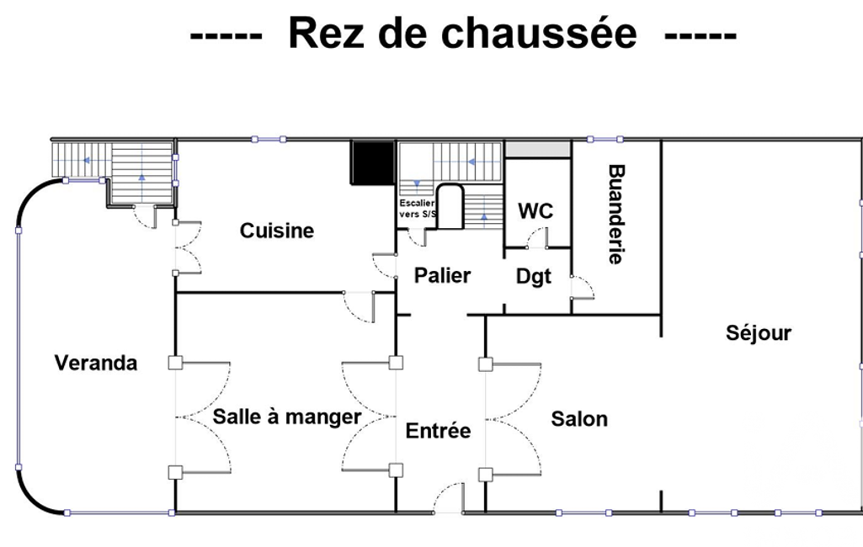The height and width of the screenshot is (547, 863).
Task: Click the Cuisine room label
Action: (x=277, y=230)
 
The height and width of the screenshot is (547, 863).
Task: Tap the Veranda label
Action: (x=96, y=363)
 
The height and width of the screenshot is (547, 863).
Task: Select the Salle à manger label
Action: (x=287, y=417)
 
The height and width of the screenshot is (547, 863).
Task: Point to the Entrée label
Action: (x=438, y=430)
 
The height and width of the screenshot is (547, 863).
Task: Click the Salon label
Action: (x=579, y=419)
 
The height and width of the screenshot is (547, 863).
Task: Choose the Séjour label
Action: (x=759, y=333)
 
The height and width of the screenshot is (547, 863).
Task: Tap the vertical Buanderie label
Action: (x=616, y=214)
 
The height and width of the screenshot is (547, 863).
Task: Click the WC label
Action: (x=535, y=210)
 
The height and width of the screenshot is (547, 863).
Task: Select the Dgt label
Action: (x=533, y=276)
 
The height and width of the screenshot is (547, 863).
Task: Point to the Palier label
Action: (x=443, y=275)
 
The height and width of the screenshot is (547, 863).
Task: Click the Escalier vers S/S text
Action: (x=418, y=209)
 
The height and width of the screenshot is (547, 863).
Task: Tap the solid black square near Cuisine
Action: (x=373, y=163)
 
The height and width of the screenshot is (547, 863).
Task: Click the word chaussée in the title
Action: (x=539, y=35)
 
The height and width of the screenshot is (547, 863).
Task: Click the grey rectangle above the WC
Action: (x=538, y=149)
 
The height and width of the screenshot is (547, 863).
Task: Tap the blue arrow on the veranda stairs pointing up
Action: (x=142, y=178)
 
